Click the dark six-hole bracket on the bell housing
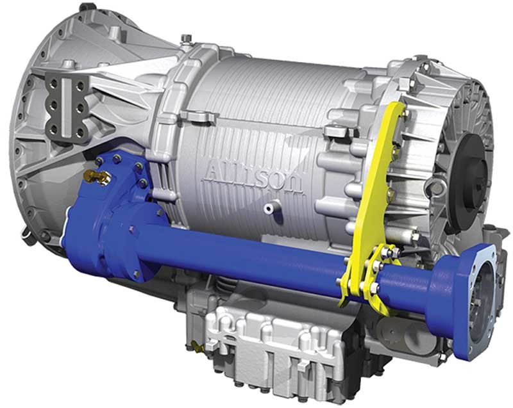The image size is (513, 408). click(65, 105)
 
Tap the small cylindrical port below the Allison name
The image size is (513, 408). click(272, 206)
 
